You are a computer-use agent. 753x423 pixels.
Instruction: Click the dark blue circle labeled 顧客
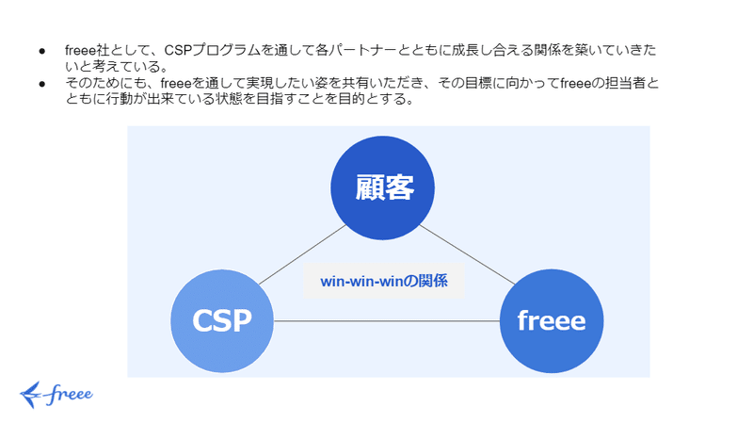383,187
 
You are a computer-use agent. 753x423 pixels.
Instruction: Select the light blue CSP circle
222,320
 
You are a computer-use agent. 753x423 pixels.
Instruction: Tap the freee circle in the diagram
552,320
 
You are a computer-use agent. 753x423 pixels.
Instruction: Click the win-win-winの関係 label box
384,281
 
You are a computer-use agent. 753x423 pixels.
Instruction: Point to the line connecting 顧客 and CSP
302,254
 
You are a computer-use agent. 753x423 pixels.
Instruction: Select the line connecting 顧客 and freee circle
467,254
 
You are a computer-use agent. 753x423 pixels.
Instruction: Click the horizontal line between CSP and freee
387,320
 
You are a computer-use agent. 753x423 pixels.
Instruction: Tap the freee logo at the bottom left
56,395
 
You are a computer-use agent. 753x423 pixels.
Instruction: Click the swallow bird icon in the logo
31,395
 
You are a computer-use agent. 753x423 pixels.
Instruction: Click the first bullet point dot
42,51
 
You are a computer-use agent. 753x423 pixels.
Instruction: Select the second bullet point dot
42,84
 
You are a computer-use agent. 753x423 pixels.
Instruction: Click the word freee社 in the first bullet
88,50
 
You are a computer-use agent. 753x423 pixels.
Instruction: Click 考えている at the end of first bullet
126,66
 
